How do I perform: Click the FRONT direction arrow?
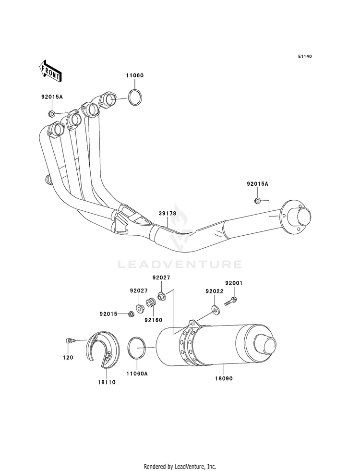50,71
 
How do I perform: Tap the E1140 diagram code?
305,56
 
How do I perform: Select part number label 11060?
134,75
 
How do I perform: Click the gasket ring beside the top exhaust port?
135,97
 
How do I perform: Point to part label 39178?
168,213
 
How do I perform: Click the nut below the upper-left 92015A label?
52,113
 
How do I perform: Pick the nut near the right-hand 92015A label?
258,201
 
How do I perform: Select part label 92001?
234,283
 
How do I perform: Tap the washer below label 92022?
215,309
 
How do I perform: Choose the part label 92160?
153,320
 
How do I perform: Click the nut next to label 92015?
130,314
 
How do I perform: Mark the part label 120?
68,358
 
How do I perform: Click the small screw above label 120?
69,340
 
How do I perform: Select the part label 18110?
107,382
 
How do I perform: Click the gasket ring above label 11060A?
137,348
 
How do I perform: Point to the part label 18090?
224,379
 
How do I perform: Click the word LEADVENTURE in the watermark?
180,265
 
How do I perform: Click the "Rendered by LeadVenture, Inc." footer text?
180,467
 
